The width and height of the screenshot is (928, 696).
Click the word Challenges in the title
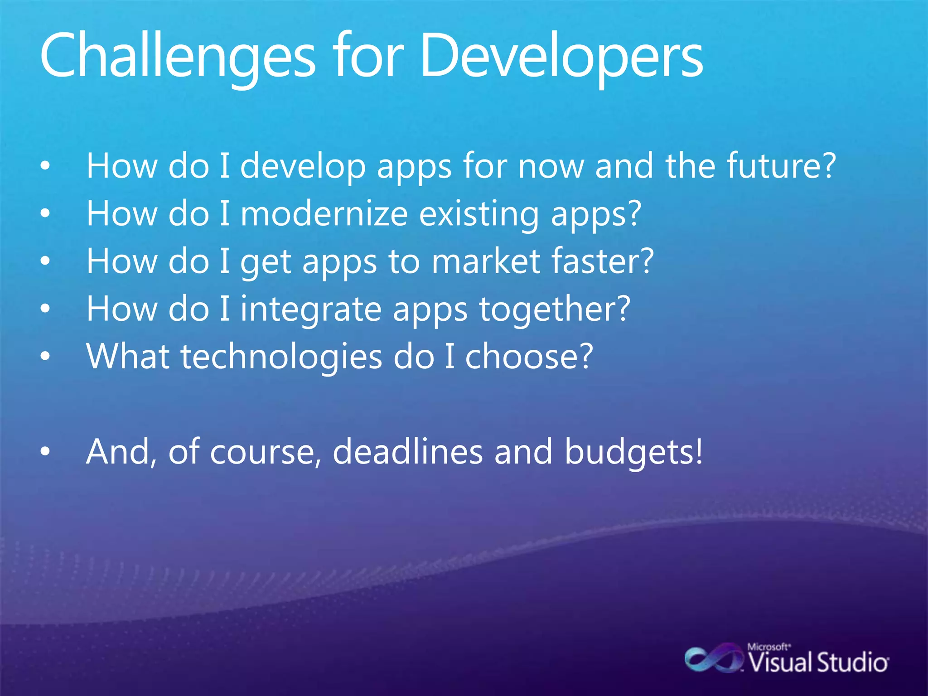[177, 57]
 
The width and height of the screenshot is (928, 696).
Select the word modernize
[324, 213]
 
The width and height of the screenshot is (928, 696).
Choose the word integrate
[311, 309]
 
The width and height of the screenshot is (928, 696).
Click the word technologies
[281, 357]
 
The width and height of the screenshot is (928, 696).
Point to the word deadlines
[408, 452]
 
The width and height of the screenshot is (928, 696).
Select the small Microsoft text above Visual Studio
[768, 647]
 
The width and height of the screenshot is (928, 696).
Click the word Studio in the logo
[852, 663]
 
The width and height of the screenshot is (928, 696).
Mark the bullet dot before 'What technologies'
[45, 357]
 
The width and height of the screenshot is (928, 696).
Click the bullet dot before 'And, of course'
[45, 452]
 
